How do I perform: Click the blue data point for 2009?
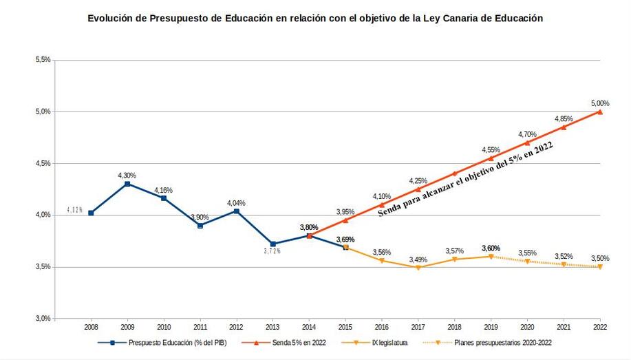click(127, 184)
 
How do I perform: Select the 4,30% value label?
click(127, 175)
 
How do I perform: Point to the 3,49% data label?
click(418, 260)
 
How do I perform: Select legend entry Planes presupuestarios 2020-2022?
click(502, 342)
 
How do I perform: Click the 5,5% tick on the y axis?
click(43, 60)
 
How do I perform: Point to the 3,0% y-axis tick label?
click(43, 319)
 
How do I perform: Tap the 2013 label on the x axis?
click(273, 328)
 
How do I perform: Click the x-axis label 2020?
click(527, 328)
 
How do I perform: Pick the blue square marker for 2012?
click(236, 211)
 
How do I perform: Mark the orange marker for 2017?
click(418, 267)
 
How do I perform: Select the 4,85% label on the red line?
click(564, 118)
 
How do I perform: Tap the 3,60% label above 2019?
click(491, 248)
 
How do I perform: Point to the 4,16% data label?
click(164, 189)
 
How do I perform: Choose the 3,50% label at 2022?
click(600, 258)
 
